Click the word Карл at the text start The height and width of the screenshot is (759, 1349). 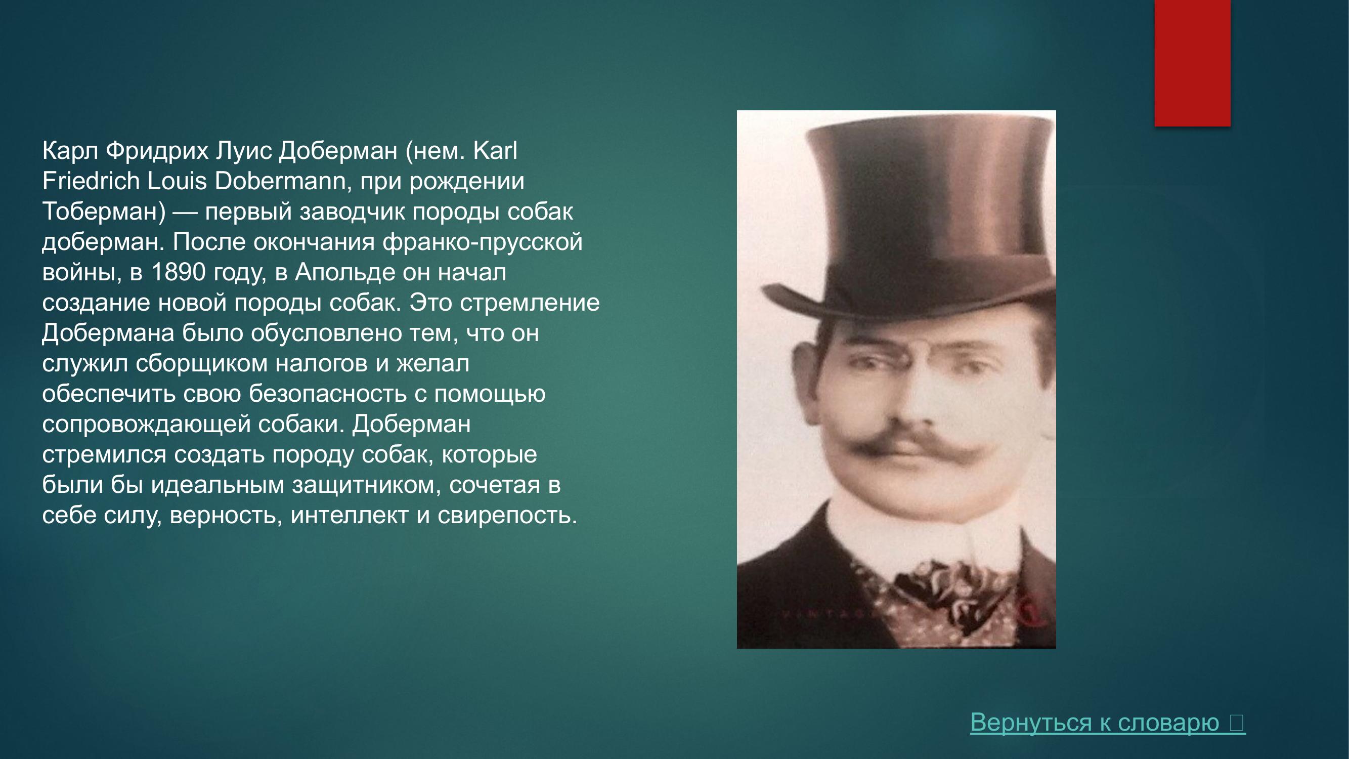[70, 151]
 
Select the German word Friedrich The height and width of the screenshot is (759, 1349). [90, 181]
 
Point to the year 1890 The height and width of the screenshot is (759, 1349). [178, 272]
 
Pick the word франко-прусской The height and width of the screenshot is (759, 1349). [483, 242]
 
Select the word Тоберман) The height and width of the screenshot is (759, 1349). [104, 212]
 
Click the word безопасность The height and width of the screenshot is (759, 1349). [327, 394]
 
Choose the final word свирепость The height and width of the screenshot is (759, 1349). [507, 516]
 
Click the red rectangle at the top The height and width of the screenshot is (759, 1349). [1192, 63]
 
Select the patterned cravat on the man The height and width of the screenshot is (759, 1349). [943, 597]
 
